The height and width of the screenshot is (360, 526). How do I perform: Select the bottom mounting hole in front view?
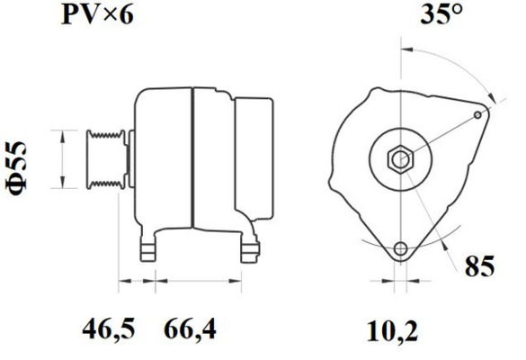pos(399,249)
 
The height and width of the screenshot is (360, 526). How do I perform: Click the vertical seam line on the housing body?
pos(192,157)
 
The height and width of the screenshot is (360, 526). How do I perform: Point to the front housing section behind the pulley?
pos(162,157)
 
